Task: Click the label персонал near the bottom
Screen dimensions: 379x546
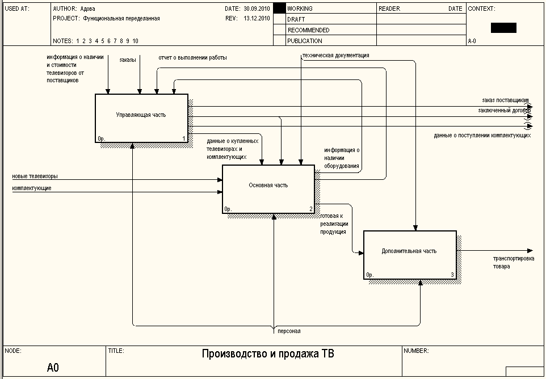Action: click(x=289, y=331)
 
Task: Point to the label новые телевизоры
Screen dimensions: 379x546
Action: click(x=35, y=176)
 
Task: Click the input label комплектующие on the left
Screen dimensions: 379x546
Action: click(x=32, y=188)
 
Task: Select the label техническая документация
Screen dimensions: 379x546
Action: click(x=336, y=56)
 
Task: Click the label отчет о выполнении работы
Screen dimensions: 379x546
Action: click(x=192, y=58)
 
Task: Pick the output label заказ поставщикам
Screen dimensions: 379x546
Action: click(x=505, y=100)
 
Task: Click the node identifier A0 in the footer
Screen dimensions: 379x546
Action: click(x=53, y=368)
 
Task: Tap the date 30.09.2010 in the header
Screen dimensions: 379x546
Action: click(x=257, y=9)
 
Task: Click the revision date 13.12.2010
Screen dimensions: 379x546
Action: click(x=257, y=18)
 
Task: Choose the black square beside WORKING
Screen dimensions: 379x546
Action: click(x=279, y=9)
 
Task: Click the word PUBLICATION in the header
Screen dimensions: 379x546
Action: click(x=305, y=41)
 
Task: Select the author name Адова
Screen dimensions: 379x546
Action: click(x=87, y=9)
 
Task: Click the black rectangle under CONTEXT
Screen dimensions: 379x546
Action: click(x=503, y=28)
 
